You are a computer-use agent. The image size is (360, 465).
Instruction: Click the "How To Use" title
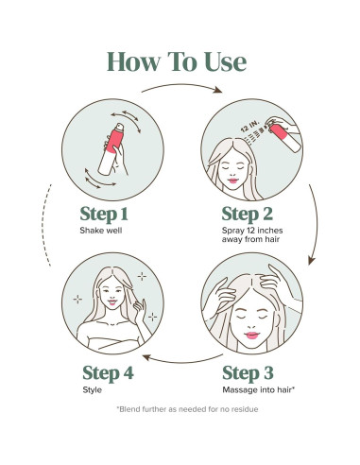177,61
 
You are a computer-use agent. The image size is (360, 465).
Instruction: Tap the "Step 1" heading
104,215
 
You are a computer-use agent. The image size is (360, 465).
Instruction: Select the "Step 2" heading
248,215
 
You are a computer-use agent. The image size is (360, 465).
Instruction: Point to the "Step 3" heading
248,373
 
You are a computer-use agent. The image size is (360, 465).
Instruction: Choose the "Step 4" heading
108,373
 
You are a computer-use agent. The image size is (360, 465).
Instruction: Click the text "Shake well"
101,231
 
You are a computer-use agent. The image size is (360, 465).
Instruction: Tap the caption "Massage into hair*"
258,390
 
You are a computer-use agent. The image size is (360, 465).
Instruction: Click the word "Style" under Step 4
92,390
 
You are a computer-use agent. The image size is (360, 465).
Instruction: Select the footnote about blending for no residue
187,409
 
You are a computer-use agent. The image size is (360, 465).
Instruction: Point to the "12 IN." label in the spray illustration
250,126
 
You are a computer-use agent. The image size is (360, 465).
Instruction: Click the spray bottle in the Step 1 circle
111,148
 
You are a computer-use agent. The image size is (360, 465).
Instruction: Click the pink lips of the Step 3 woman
252,336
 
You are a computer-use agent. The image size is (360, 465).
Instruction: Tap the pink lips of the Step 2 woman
233,181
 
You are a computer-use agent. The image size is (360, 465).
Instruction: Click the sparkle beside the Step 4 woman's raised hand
153,317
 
